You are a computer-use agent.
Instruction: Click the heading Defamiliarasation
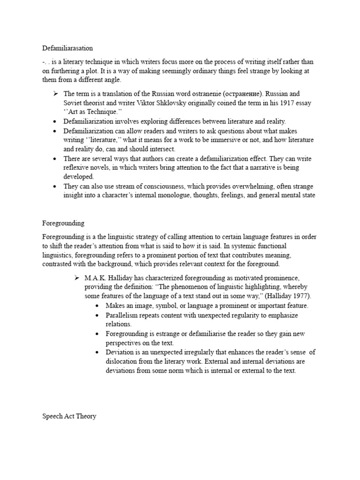click(x=67, y=48)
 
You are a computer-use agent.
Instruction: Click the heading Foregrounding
click(x=63, y=223)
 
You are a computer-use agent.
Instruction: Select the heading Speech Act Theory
click(x=69, y=416)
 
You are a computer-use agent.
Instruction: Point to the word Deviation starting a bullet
click(x=120, y=352)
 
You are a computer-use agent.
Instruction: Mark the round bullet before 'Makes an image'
click(x=97, y=306)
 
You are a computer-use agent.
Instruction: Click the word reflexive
click(x=78, y=168)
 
